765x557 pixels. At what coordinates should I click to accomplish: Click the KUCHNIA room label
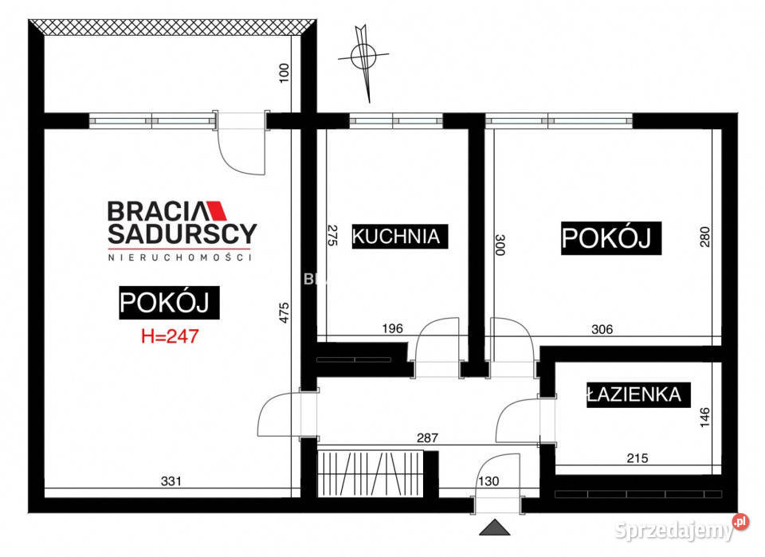396,237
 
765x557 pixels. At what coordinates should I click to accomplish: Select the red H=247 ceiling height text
169,335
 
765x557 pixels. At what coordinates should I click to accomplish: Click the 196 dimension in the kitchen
392,328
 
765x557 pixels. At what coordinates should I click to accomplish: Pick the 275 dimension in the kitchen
334,236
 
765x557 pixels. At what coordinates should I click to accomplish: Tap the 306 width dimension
602,328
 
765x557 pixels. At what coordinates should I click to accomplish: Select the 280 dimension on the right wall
705,236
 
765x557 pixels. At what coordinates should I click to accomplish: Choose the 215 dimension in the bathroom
637,458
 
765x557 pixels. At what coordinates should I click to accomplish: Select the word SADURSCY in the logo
182,233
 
